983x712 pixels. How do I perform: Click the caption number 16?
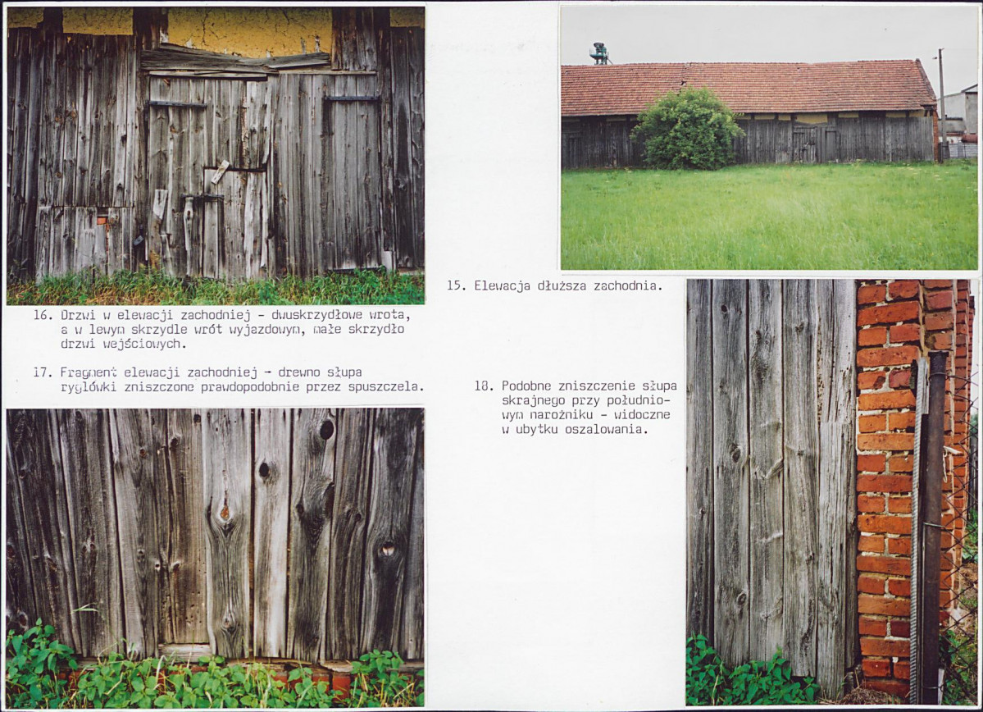click(42, 315)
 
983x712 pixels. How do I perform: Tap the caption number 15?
click(455, 286)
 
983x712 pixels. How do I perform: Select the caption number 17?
click(42, 372)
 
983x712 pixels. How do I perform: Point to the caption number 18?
click(483, 386)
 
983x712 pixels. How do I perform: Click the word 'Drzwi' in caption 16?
click(78, 315)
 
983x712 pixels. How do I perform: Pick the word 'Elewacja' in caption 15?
click(502, 286)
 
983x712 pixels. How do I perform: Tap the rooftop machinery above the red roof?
click(600, 53)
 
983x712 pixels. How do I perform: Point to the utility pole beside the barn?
click(942, 103)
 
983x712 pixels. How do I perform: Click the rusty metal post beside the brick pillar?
click(933, 525)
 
